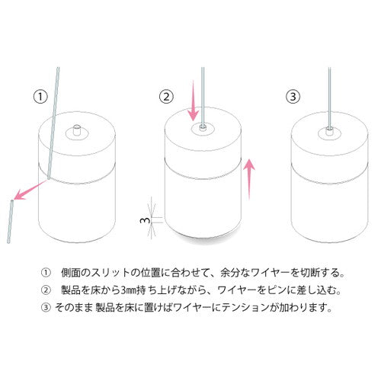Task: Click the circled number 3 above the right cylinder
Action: [293, 97]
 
